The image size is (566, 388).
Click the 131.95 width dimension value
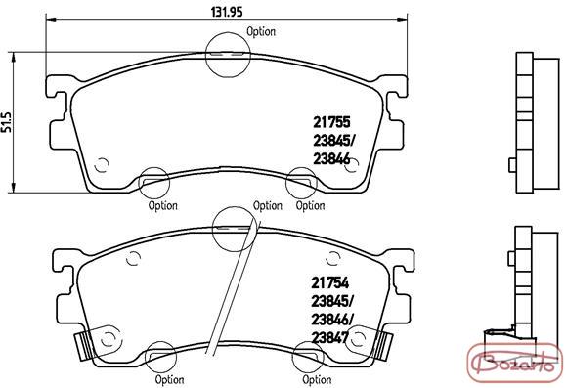[227, 12]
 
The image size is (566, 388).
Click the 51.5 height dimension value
[7, 122]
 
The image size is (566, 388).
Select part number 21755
[331, 122]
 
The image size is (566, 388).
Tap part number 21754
[330, 283]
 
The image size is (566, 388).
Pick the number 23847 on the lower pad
[330, 338]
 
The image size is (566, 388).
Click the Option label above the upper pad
[261, 31]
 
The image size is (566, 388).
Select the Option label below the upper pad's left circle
[163, 206]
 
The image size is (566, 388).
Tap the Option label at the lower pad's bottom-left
[169, 380]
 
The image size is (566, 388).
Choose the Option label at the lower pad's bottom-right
[317, 380]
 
